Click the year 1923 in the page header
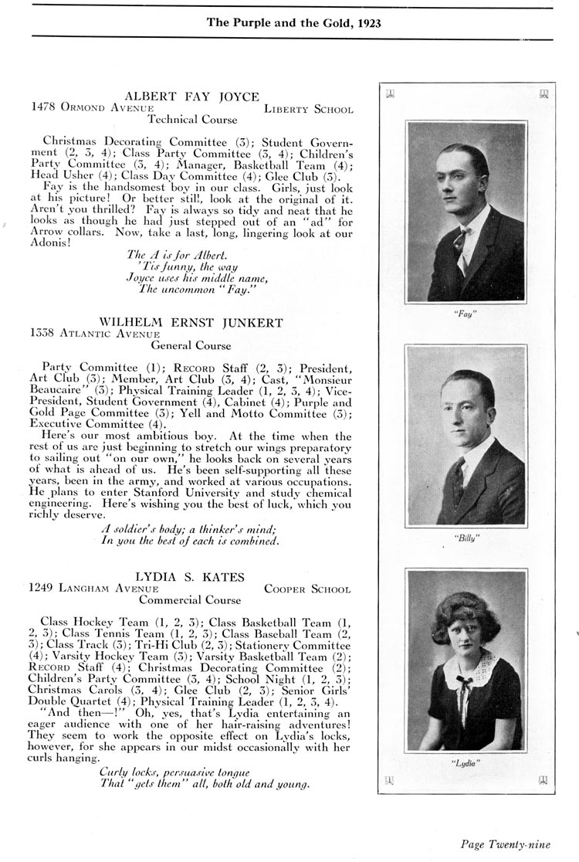pyautogui.click(x=366, y=23)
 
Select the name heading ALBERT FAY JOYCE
pyautogui.click(x=192, y=97)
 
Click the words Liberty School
pyautogui.click(x=308, y=110)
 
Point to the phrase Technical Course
pyautogui.click(x=192, y=120)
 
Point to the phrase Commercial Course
pyautogui.click(x=190, y=599)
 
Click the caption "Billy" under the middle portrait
pyautogui.click(x=466, y=538)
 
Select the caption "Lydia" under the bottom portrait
pyautogui.click(x=466, y=763)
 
